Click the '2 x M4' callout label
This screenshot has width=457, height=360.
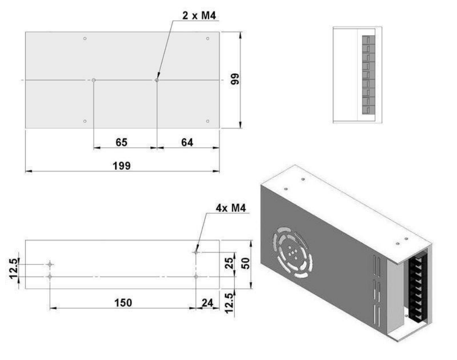(x=199, y=15)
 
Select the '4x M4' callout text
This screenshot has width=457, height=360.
(x=231, y=208)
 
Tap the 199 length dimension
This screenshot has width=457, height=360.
(x=121, y=165)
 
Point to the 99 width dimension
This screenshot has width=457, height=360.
(x=235, y=79)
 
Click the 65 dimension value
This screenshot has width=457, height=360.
(x=121, y=142)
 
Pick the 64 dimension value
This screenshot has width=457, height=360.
(x=187, y=142)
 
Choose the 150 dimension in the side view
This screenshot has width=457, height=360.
(x=123, y=303)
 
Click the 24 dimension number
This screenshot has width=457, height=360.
(x=207, y=303)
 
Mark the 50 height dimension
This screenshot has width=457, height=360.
(x=246, y=263)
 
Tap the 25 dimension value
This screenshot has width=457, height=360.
(x=229, y=263)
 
